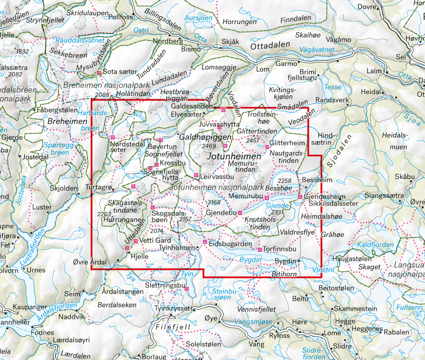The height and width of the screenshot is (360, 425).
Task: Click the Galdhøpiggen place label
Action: coord(205,137)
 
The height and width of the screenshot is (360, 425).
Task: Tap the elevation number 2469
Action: coord(209,146)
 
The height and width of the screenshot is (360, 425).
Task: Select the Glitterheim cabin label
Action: coord(287,143)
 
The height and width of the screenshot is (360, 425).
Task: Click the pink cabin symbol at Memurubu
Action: coord(267,198)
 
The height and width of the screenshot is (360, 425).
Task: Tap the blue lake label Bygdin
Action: coord(250,260)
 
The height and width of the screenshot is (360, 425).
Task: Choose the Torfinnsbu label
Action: coord(279,249)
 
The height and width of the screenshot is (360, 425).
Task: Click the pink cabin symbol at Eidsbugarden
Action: coord(205,242)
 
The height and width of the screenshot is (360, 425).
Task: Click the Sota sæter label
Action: coord(120,72)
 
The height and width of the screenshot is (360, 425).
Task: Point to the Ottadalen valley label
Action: coord(270,46)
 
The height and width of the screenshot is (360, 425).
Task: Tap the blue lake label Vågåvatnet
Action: coord(317,50)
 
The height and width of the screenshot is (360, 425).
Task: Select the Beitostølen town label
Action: coord(336,288)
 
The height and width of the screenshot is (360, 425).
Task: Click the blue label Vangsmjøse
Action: coord(254,322)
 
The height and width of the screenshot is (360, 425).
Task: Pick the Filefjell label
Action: coord(173,327)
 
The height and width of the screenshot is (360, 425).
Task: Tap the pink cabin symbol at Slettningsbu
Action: coord(187,289)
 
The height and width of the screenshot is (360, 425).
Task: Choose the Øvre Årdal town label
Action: coord(89,262)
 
